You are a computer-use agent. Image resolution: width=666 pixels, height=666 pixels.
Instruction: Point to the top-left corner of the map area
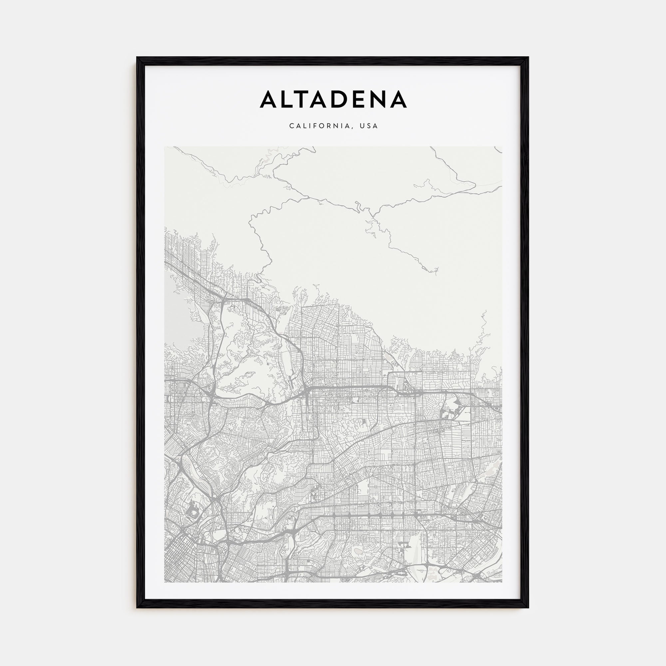165,147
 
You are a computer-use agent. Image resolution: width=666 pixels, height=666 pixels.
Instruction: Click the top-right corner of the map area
502,147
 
